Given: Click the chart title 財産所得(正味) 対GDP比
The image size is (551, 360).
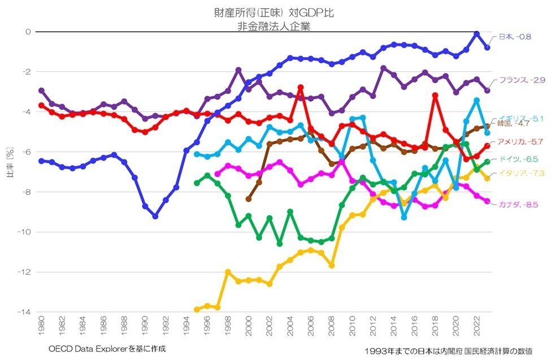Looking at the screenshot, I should pos(275,12).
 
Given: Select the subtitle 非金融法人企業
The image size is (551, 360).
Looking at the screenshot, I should pos(275,24).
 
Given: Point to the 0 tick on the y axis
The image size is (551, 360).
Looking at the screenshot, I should pos(28,32).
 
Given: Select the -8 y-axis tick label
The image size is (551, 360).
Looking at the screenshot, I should pos(26,192).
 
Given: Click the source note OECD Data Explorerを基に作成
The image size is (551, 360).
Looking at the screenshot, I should pos(103,349).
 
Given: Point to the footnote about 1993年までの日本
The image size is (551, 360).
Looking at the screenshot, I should pos(449,351).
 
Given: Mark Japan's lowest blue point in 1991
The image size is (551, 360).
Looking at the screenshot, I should pos(155,216).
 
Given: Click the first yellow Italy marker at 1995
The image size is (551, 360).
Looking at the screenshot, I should pos(197,310).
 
